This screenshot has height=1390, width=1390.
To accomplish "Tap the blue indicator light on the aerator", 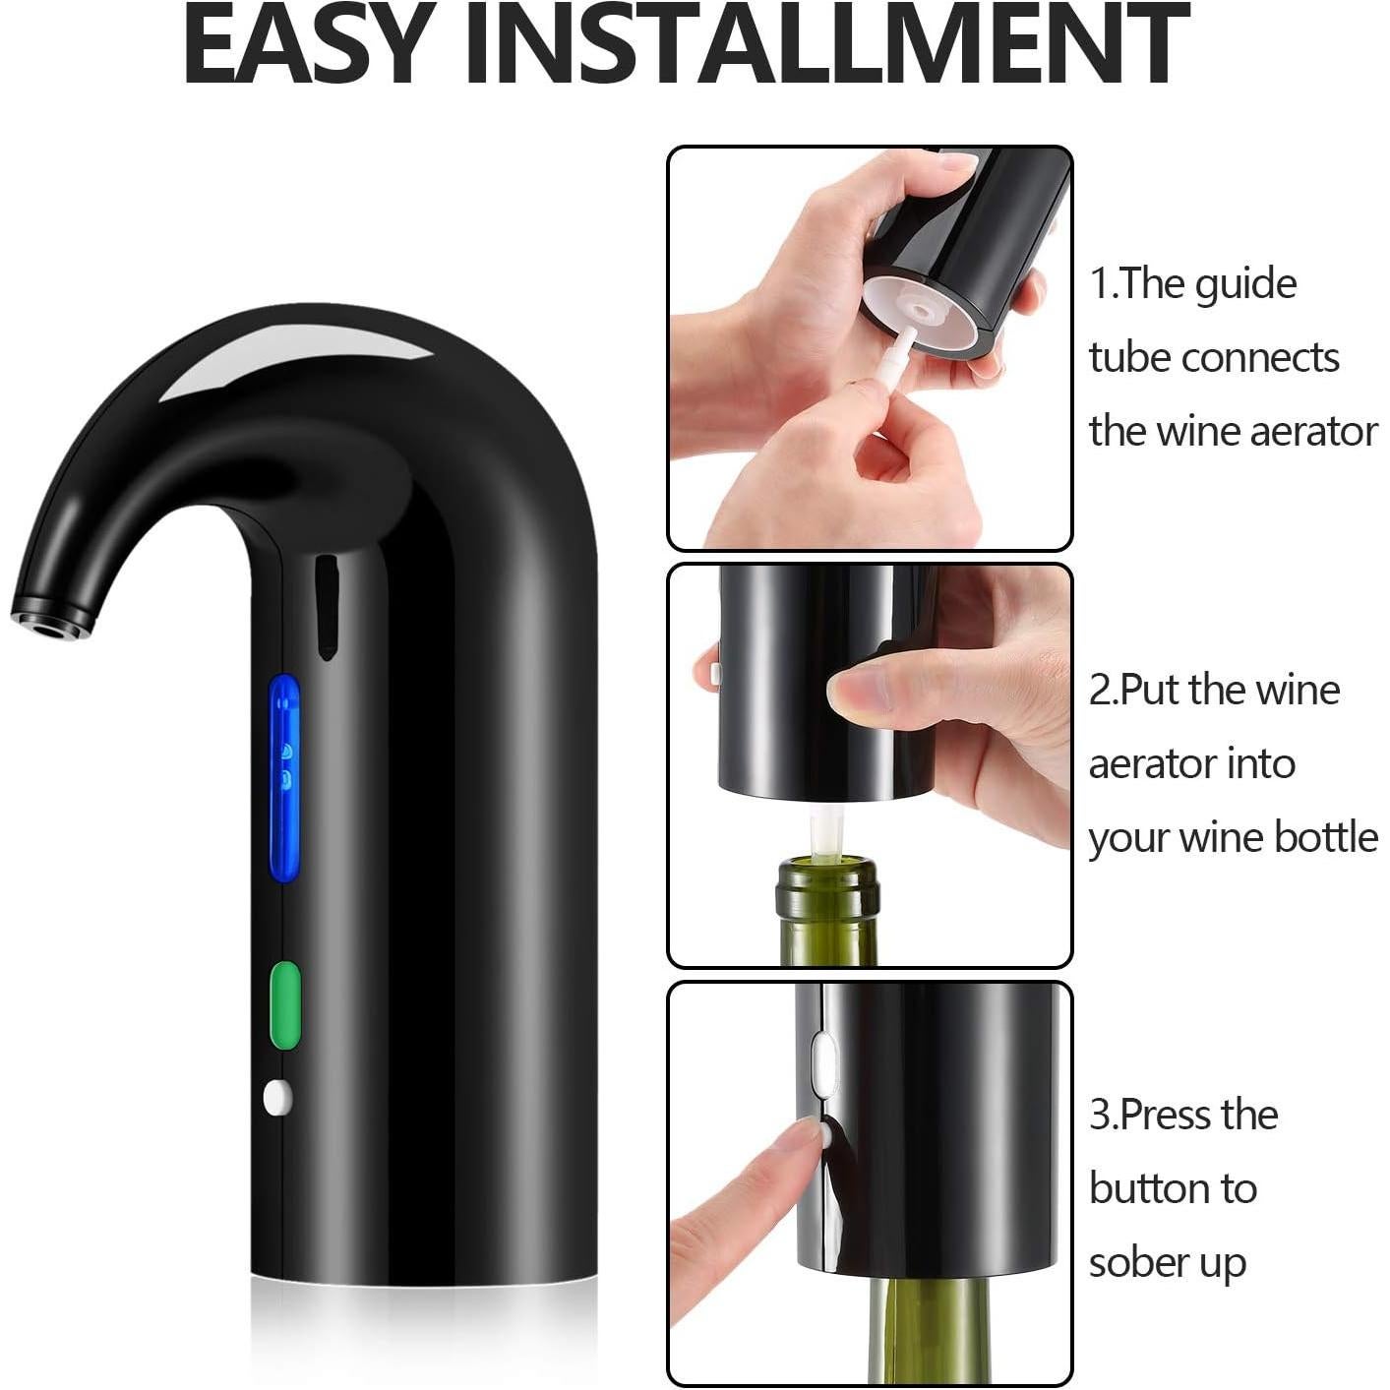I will pos(284,777).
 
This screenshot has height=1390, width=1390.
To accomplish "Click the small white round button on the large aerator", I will pos(277,1097).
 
